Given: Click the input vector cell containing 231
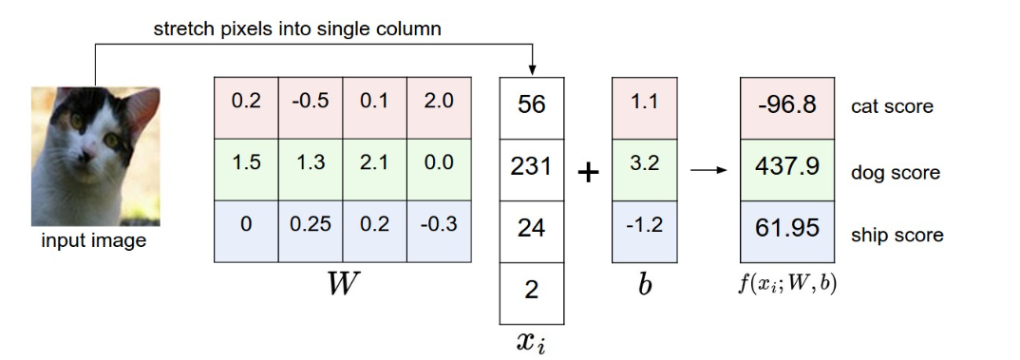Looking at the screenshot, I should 531,167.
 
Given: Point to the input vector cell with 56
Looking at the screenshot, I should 531,105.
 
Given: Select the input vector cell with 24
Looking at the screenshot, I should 531,229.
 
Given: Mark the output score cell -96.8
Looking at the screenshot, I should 787,105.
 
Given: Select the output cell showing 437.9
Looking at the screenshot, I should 787,167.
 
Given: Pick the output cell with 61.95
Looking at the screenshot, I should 787,229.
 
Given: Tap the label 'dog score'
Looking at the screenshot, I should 896,173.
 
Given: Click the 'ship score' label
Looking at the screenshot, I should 897,235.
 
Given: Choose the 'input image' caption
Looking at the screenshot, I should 93,240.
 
